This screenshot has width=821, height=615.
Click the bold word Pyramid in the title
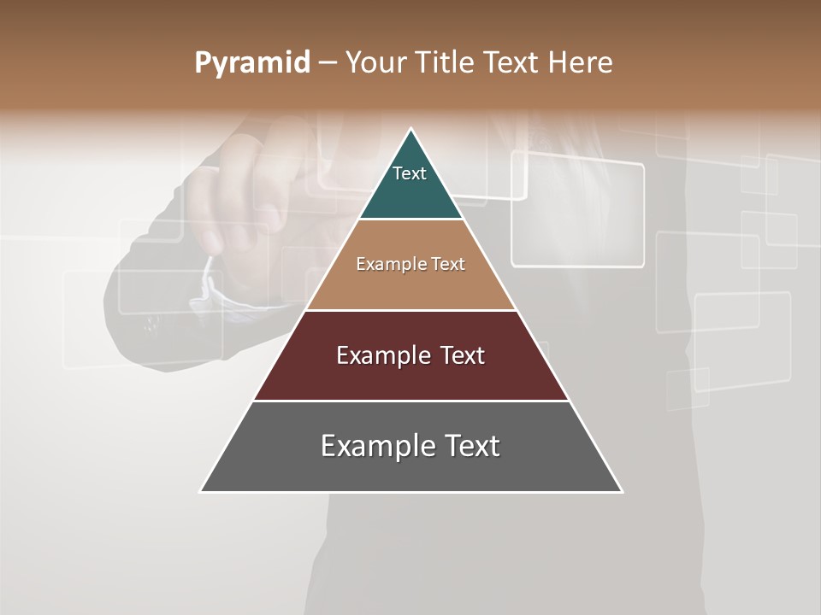251,63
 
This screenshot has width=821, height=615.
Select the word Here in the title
580,62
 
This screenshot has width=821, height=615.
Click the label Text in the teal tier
410,173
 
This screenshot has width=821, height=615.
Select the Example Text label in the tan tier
410,264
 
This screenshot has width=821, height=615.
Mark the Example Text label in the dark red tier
410,355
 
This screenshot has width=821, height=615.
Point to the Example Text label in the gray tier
410,446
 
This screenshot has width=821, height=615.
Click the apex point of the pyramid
411,130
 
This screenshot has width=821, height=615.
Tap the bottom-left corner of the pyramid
202,491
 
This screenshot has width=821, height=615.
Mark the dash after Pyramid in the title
328,63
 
